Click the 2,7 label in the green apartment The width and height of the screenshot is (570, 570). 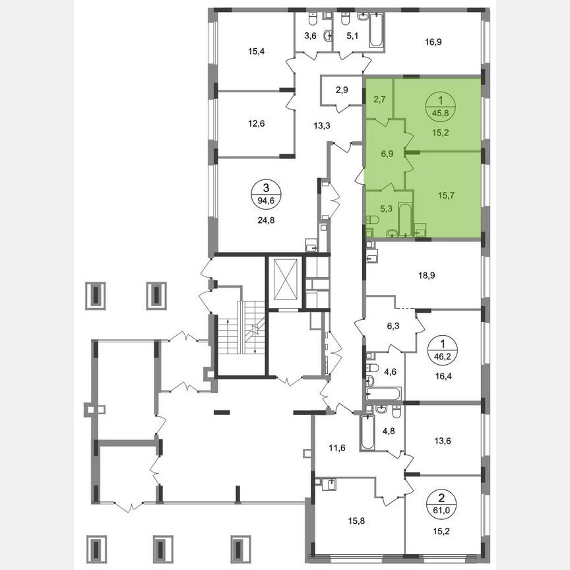[380, 100]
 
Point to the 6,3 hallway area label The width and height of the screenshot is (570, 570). [393, 325]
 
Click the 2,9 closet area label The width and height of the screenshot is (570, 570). [342, 90]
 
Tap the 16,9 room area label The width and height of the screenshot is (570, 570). [433, 43]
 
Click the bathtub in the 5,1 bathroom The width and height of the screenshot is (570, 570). [375, 31]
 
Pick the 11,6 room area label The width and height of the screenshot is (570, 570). [337, 449]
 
